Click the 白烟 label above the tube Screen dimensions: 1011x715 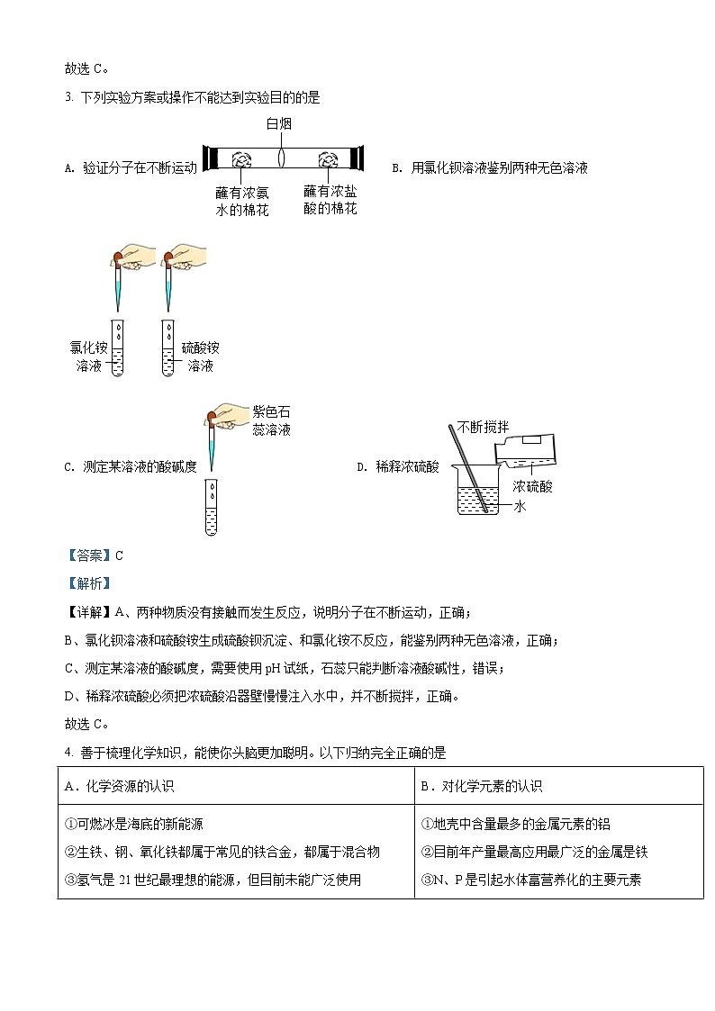pyautogui.click(x=278, y=123)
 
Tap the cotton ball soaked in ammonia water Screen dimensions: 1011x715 pyautogui.click(x=242, y=159)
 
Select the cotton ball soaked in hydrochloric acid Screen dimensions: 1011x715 pyautogui.click(x=326, y=159)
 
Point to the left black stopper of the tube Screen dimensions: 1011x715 pyautogui.click(x=209, y=158)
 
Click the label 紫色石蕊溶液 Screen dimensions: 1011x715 pyautogui.click(x=271, y=420)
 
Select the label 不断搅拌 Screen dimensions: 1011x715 pyautogui.click(x=482, y=427)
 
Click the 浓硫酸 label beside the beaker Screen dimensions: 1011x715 pyautogui.click(x=533, y=486)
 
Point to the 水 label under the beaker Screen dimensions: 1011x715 pyautogui.click(x=520, y=507)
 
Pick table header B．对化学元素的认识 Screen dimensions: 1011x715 pyautogui.click(x=481, y=786)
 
